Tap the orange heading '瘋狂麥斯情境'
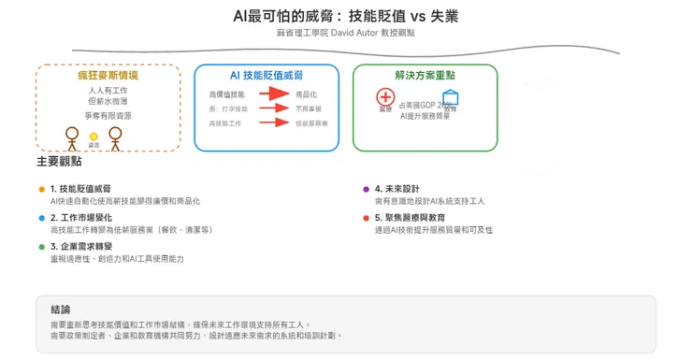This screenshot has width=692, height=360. click(108, 75)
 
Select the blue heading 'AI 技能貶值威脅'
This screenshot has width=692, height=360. click(267, 75)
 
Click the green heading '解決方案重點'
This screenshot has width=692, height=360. click(425, 75)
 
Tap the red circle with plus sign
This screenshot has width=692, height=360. click(385, 96)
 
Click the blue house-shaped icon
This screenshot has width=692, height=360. click(451, 97)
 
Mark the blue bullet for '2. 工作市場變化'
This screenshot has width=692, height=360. click(42, 218)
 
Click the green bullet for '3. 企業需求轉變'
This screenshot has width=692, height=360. click(42, 247)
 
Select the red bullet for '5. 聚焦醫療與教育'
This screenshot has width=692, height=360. click(366, 218)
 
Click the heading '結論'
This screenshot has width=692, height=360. click(61, 310)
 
